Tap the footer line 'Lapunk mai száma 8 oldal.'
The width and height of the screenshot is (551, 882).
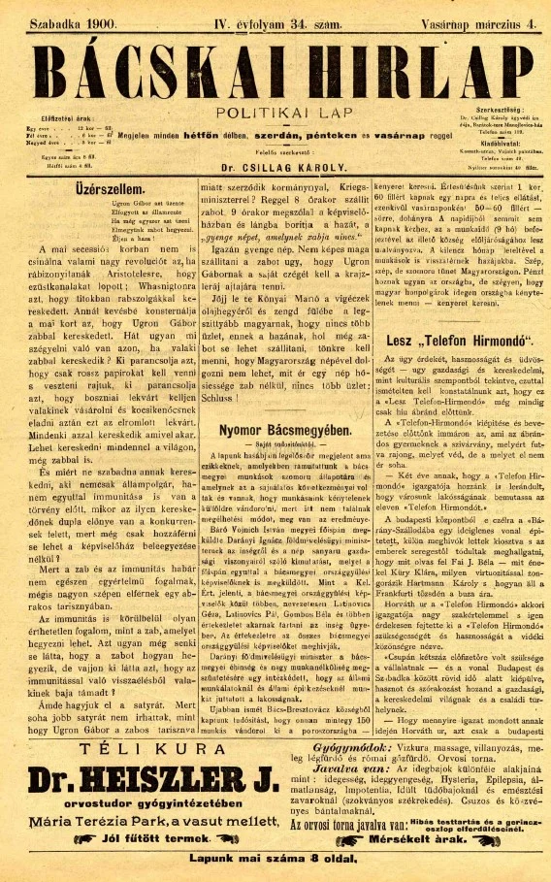[x=276, y=863]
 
